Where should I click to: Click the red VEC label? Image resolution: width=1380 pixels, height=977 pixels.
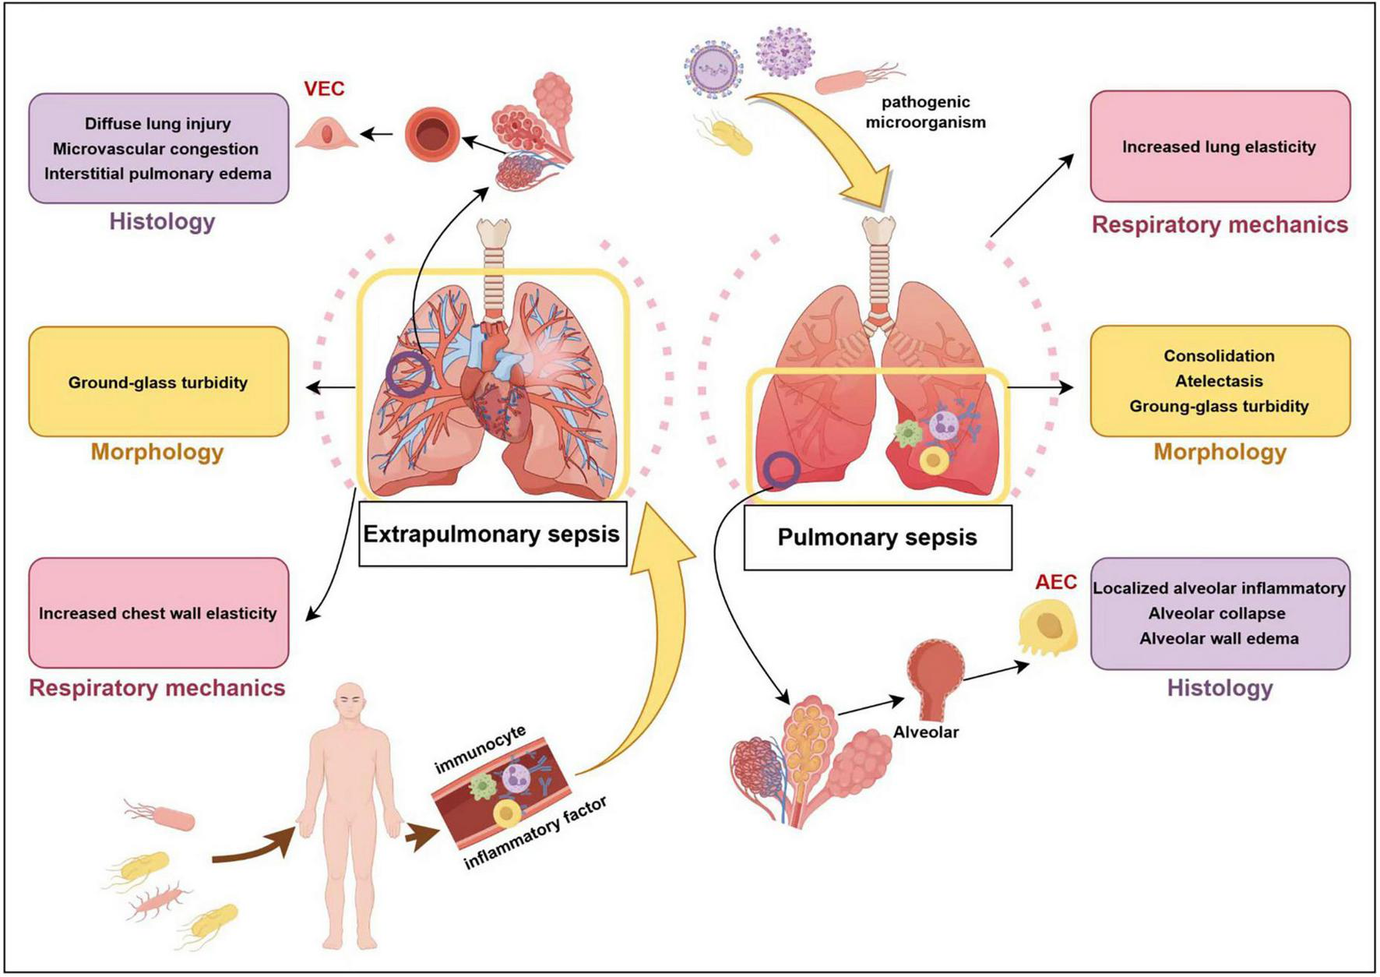pos(324,89)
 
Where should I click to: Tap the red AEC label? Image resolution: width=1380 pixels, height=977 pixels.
pos(1056,582)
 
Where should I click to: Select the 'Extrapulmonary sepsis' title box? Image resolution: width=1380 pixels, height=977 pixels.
pos(491,534)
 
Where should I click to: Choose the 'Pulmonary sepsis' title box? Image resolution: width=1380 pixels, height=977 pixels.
pos(877,538)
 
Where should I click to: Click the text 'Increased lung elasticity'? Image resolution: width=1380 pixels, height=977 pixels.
pos(1219,146)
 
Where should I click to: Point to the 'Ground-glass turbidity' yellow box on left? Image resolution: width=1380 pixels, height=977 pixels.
pos(158,383)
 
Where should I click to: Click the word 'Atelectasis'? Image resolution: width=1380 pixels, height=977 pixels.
pos(1219,381)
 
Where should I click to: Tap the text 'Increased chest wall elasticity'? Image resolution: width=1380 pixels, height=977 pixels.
pos(158,613)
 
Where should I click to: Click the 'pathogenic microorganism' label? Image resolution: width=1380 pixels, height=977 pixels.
pos(925,112)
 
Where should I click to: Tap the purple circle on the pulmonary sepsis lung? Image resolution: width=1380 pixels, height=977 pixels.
pos(781,470)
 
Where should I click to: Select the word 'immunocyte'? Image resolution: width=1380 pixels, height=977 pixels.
pos(480,749)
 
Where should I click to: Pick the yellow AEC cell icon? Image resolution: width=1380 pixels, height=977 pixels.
pos(1047,629)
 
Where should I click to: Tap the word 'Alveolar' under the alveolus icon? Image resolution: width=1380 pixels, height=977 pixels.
pos(925,732)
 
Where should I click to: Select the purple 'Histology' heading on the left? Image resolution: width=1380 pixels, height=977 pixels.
pos(162,221)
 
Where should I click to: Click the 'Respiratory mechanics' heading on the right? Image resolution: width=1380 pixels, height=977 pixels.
pos(1219,225)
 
